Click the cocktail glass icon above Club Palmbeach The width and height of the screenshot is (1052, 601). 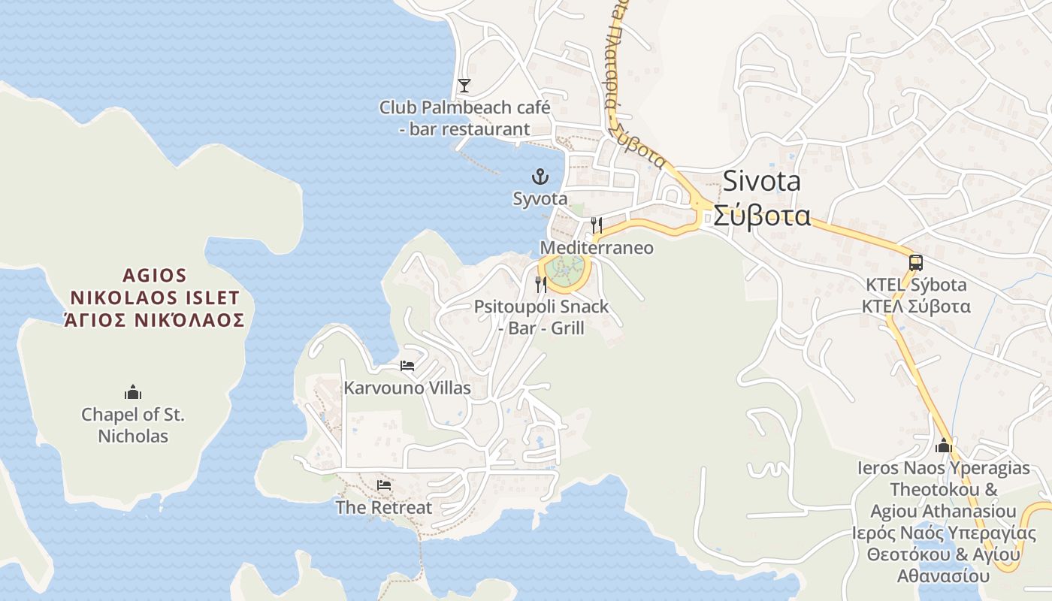tap(464, 86)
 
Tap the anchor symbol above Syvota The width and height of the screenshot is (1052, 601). tap(540, 177)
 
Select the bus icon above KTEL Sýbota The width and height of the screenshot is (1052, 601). tap(915, 263)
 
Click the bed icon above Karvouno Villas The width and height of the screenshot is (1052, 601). tap(407, 366)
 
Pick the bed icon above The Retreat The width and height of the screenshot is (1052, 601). tap(384, 485)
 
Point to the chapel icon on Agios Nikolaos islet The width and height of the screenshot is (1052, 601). tap(133, 392)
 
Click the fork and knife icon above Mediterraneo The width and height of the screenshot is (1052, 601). tap(597, 225)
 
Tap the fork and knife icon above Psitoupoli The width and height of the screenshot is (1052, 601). tap(541, 284)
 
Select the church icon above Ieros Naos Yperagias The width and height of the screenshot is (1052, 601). tap(944, 445)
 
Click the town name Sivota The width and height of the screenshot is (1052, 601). tap(761, 182)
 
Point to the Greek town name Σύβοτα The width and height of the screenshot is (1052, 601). tap(761, 216)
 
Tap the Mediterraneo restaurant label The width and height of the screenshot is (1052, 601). tap(597, 248)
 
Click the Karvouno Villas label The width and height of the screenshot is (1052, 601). tap(407, 388)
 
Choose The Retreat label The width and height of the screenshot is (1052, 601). tap(384, 508)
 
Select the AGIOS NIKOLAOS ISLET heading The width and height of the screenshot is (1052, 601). tap(154, 286)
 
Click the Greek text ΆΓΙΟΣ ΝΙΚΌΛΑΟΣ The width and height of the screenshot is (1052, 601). tap(154, 320)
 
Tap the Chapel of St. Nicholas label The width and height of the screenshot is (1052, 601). tap(133, 425)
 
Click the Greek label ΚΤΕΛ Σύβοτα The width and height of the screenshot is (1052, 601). tap(915, 307)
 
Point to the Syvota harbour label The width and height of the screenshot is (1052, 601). tap(540, 199)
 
